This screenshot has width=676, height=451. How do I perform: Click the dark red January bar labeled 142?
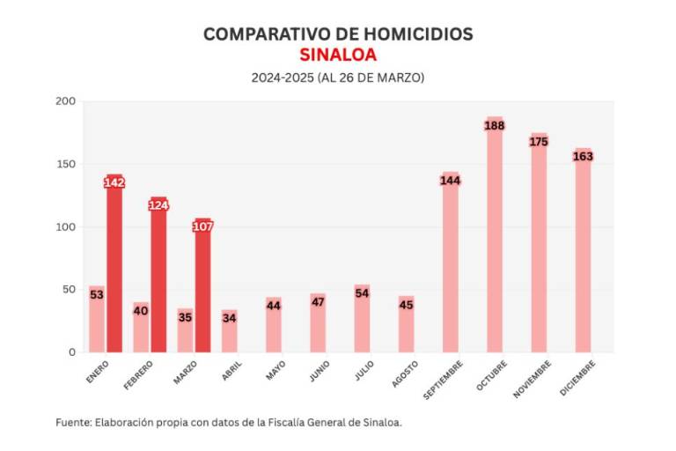click(x=114, y=264)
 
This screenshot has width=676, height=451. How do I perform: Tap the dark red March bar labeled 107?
click(x=202, y=291)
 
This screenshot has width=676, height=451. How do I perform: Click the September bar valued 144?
click(x=451, y=264)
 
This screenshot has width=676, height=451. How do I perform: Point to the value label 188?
click(x=495, y=126)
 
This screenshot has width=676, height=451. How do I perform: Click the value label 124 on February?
click(x=158, y=205)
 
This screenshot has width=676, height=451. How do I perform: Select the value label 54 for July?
click(x=362, y=293)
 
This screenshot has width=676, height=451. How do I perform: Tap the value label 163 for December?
click(x=583, y=157)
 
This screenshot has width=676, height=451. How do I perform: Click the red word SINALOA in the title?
click(x=338, y=55)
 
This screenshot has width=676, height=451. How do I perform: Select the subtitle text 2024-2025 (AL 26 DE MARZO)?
click(x=338, y=78)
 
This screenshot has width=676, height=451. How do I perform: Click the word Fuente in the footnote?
click(x=73, y=423)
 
